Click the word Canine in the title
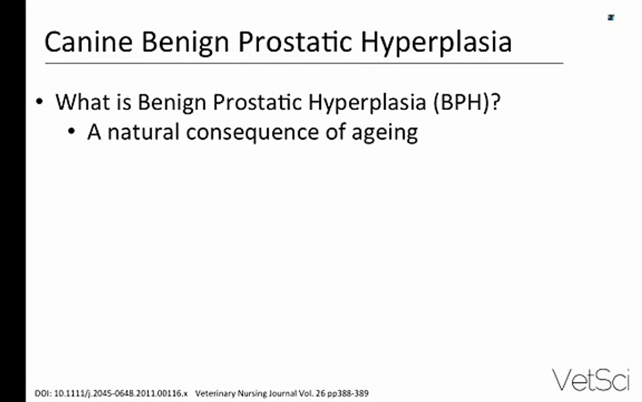(x=89, y=41)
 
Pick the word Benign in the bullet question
(x=172, y=103)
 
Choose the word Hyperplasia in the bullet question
(x=367, y=103)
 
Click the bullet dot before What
(x=40, y=101)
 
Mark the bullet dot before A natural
(x=72, y=132)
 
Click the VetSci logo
(x=590, y=380)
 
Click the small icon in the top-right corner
(x=611, y=17)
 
